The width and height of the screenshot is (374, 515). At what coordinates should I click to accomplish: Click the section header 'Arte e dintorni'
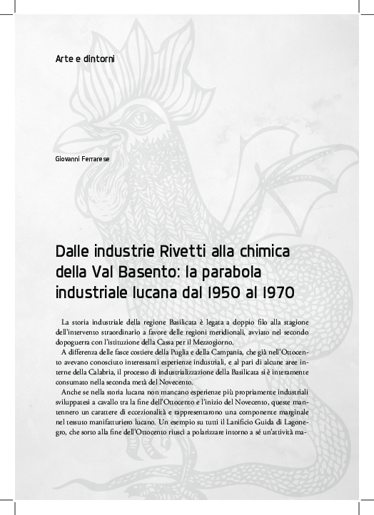84,58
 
